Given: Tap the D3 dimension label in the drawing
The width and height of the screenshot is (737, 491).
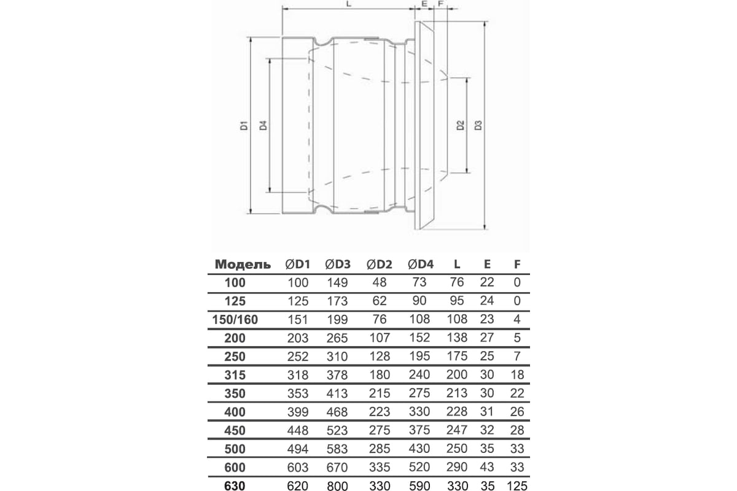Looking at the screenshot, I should pyautogui.click(x=478, y=126).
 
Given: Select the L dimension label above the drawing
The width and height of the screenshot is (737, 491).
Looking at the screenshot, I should pyautogui.click(x=348, y=4).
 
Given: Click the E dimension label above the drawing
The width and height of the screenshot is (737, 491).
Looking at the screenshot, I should pyautogui.click(x=424, y=4).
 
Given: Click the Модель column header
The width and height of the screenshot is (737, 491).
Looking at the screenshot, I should pyautogui.click(x=243, y=265).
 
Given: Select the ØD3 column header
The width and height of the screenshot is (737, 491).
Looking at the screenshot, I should pyautogui.click(x=337, y=265).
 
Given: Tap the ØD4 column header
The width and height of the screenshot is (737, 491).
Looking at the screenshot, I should pyautogui.click(x=421, y=265).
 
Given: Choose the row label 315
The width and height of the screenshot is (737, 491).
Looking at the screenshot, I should pyautogui.click(x=235, y=374).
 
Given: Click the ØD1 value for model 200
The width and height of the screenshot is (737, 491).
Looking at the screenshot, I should pyautogui.click(x=298, y=338).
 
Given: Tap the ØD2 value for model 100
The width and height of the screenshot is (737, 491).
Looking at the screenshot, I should pyautogui.click(x=379, y=283).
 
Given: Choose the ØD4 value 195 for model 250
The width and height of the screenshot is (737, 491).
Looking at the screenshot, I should pyautogui.click(x=421, y=356).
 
